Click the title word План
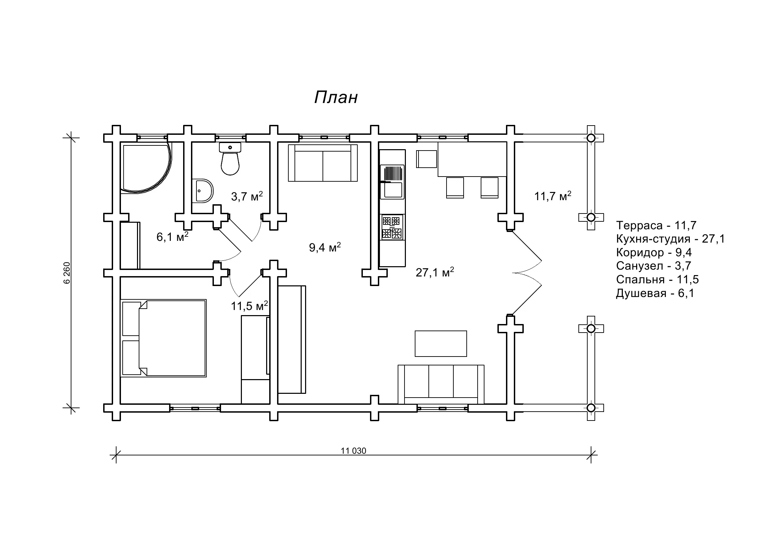(336, 98)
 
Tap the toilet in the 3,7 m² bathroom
(230, 159)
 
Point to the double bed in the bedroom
(164, 338)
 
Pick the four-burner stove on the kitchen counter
(392, 227)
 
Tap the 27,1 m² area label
(435, 272)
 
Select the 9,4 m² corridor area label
(325, 247)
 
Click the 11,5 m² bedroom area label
(249, 306)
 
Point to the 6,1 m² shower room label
(173, 237)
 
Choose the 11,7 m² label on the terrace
(553, 196)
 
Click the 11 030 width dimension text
(353, 451)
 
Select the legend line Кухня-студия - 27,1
(670, 239)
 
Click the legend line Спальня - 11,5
(657, 280)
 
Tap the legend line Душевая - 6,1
(655, 293)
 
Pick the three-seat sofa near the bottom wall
(441, 384)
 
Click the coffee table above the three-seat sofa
(441, 344)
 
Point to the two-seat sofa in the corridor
(323, 163)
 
